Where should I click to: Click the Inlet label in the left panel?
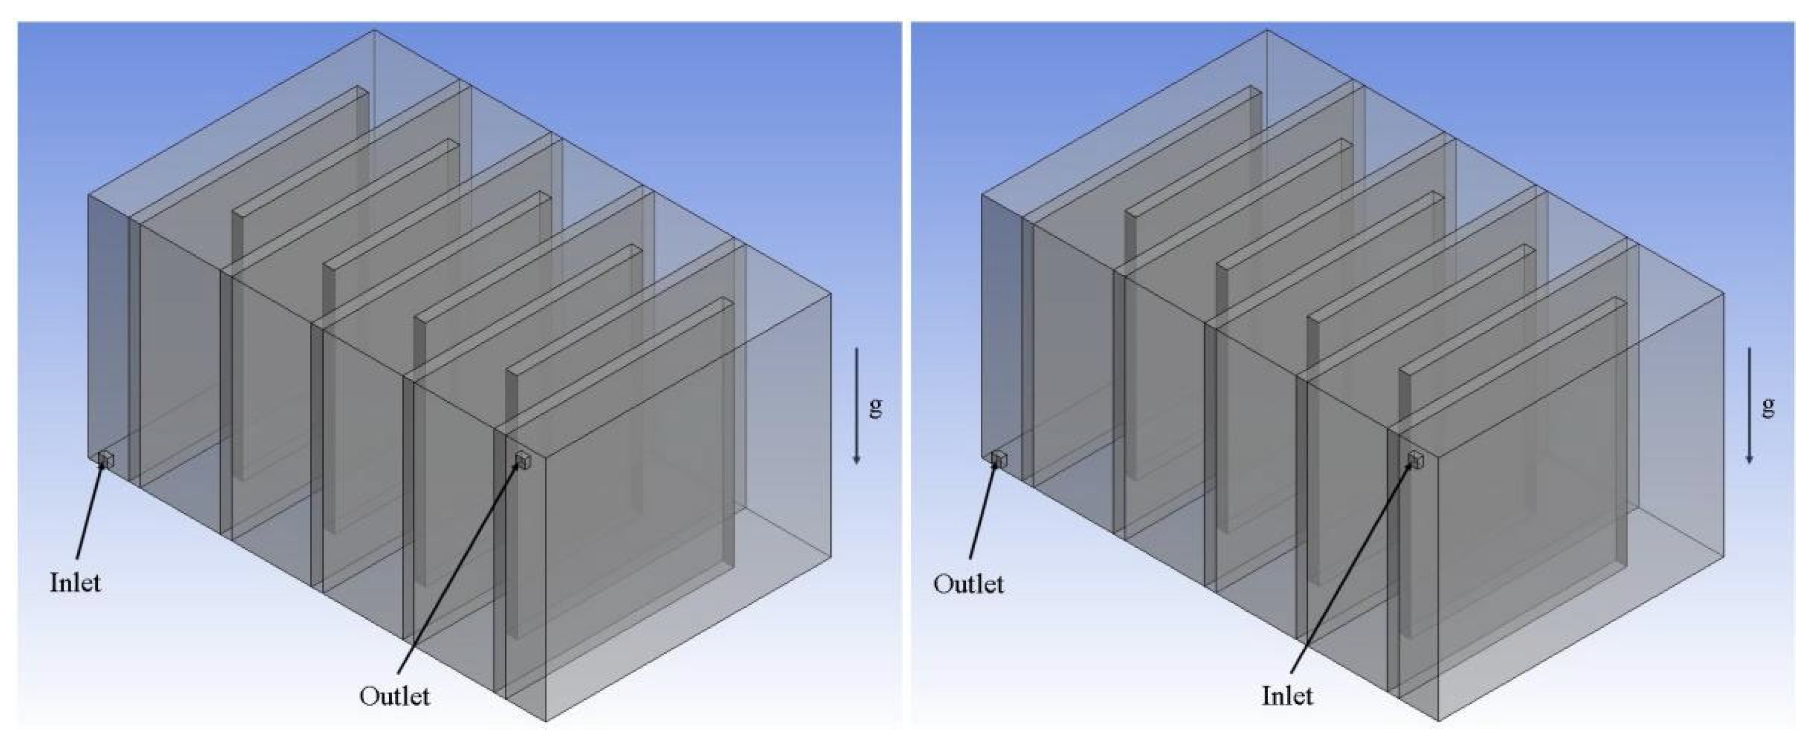click(x=75, y=583)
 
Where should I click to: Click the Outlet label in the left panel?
click(x=394, y=696)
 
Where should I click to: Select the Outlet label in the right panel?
click(x=968, y=583)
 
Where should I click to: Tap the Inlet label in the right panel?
click(x=1287, y=696)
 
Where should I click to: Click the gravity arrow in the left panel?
click(x=857, y=406)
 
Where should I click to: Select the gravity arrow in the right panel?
click(x=1750, y=406)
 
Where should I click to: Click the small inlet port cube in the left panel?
click(x=105, y=460)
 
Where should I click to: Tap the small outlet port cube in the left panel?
click(x=523, y=460)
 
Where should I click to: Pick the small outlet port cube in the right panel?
click(x=998, y=460)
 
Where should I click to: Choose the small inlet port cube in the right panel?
click(x=1416, y=460)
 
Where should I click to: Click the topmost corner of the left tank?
click(x=374, y=30)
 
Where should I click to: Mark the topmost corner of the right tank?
click(x=1267, y=30)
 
